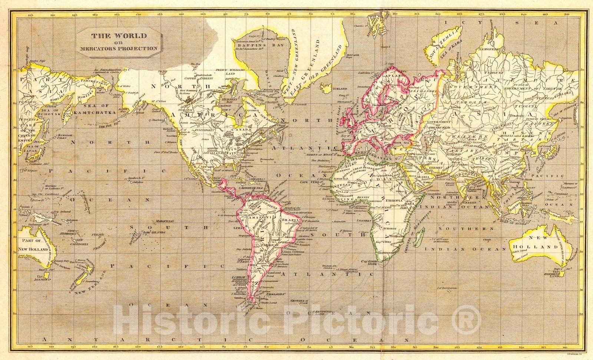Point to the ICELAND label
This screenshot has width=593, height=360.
(x=339, y=89)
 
